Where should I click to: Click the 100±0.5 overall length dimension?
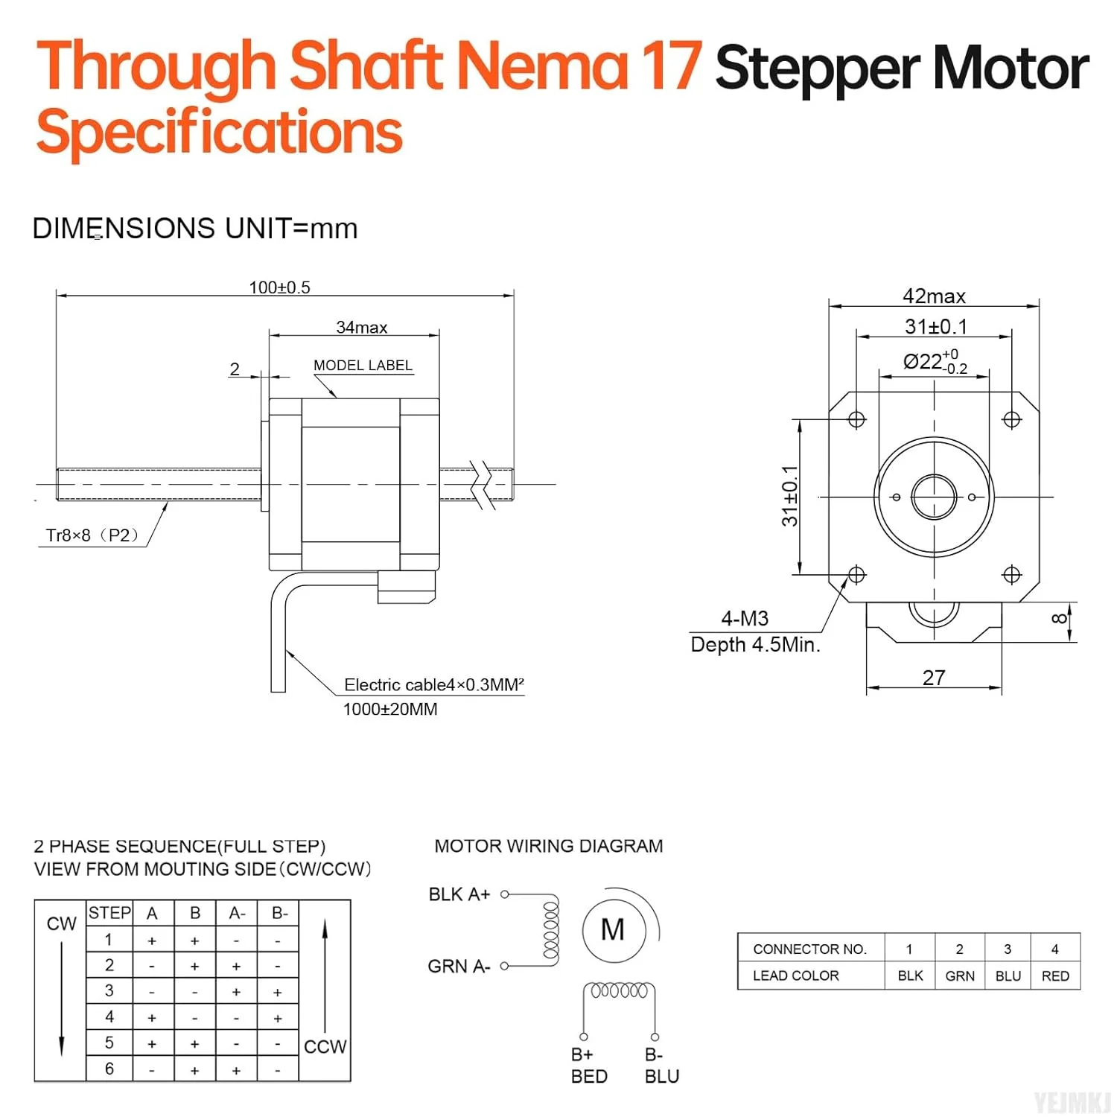click(x=279, y=287)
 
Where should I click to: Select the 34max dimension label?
click(x=362, y=327)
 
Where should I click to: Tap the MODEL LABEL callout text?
click(x=363, y=366)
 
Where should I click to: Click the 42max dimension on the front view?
click(x=934, y=296)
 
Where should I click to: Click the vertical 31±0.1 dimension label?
click(x=789, y=496)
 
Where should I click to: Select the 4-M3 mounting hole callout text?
click(x=745, y=618)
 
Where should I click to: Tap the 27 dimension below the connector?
click(x=934, y=678)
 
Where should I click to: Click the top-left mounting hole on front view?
click(x=856, y=420)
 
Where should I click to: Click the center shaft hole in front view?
click(x=934, y=497)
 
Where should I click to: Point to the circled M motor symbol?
click(x=613, y=929)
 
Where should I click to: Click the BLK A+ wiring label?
click(x=459, y=894)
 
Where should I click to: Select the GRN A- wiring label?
click(x=459, y=967)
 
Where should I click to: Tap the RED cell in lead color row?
click(x=1055, y=976)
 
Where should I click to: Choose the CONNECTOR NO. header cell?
click(x=810, y=949)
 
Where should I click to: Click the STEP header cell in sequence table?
click(x=109, y=913)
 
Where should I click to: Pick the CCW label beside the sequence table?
click(x=325, y=1046)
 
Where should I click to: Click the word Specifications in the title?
click(x=220, y=133)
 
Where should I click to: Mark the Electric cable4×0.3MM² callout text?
click(x=434, y=685)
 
